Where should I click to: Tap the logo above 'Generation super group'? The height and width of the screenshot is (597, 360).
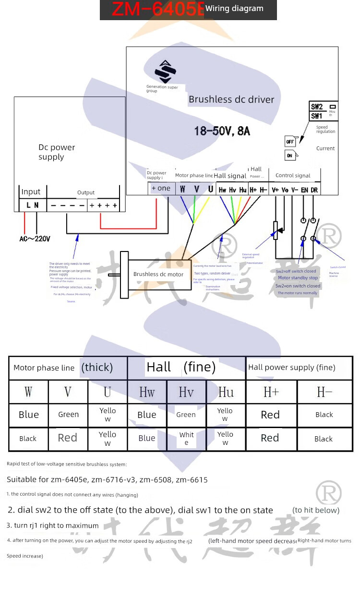coord(165,72)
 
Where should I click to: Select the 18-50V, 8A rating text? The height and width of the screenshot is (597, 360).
coord(222,131)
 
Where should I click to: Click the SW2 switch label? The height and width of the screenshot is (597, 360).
coord(317,107)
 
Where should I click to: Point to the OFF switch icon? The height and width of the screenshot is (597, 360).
coord(290,142)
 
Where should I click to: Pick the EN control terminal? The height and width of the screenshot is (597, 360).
coord(304,190)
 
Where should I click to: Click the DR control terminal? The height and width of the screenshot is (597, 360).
coord(314,190)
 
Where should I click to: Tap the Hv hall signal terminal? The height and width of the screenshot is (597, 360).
coord(232,190)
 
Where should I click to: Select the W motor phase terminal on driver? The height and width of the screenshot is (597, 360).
coord(182,190)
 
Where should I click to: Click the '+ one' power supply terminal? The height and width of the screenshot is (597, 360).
coord(161,188)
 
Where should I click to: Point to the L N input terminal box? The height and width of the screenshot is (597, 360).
coord(33,205)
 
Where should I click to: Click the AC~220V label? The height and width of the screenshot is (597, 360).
coord(35,238)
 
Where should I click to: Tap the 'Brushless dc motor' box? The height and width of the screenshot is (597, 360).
coord(158,275)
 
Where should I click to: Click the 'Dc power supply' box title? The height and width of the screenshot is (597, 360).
coord(57,152)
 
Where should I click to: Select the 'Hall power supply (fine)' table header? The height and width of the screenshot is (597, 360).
coord(291,368)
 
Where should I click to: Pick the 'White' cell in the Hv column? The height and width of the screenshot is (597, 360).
coord(186,438)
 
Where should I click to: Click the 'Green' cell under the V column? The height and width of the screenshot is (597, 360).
coord(68,415)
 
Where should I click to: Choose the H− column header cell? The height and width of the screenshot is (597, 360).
coord(324,392)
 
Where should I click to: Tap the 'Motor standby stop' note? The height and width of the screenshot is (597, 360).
coord(298,278)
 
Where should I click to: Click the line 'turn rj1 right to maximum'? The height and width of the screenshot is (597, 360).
coord(53,525)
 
